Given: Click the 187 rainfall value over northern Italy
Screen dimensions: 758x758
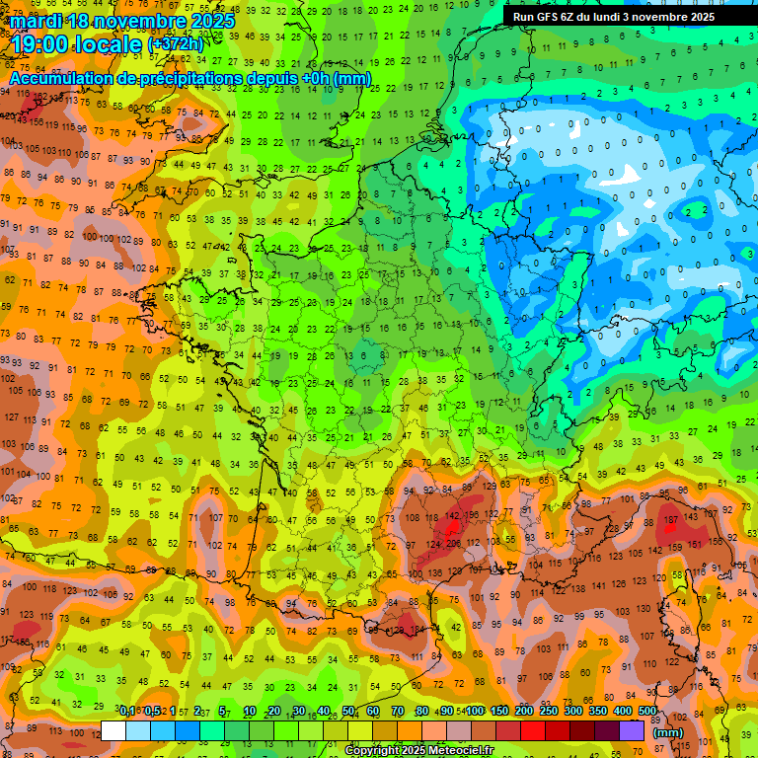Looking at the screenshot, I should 671,520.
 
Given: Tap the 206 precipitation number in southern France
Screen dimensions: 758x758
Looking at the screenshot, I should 453,544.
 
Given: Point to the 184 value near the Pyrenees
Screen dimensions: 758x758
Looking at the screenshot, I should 416,630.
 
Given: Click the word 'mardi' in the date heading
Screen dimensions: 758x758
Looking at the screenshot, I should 37,21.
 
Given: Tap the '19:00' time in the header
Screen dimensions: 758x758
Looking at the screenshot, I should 41,43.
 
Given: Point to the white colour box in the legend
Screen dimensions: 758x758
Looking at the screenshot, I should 114,731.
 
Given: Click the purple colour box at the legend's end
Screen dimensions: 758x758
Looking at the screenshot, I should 632,731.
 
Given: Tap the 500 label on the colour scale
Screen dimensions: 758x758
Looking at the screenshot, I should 647,712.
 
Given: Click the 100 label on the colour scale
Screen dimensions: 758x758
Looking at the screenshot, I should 474,712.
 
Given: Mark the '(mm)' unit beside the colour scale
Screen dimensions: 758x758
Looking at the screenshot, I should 668,732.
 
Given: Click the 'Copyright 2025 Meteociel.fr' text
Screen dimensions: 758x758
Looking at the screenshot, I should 418,750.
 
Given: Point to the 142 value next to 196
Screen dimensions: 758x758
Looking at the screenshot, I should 453,515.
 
